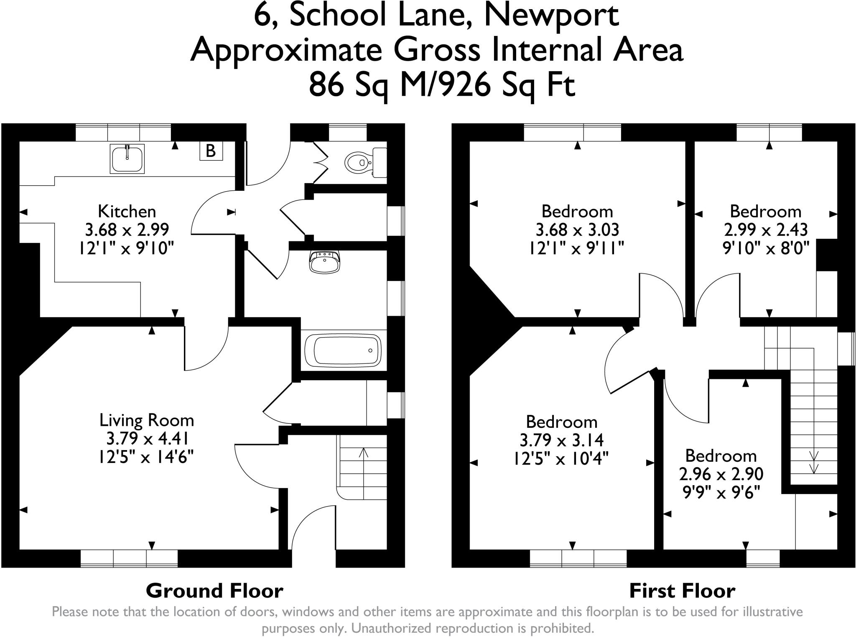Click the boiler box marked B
coord(211,151)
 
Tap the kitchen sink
coord(127,159)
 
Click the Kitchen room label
coord(127,211)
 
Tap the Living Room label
coord(147,420)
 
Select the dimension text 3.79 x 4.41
coord(147,439)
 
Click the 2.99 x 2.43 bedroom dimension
coord(766,230)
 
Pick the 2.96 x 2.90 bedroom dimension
coord(721,474)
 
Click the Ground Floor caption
coord(214,591)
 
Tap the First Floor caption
coord(682,591)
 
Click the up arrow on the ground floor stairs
coord(364,454)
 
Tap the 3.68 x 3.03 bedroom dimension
coord(577,230)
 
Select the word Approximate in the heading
coord(287,51)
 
